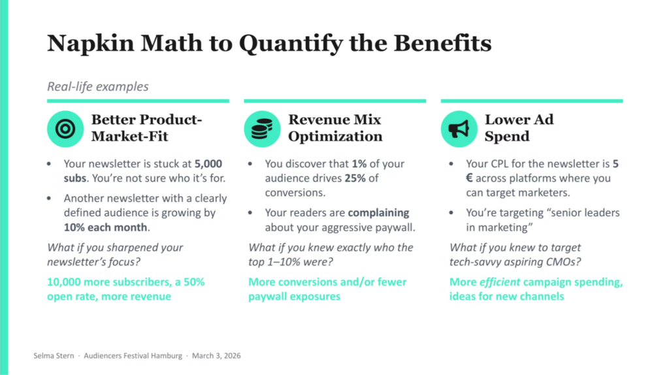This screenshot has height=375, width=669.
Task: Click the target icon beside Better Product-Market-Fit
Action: click(65, 129)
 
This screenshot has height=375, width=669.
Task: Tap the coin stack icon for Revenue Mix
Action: click(262, 129)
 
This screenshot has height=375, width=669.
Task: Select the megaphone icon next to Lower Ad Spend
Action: click(459, 129)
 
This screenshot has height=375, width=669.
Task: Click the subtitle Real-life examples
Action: click(98, 86)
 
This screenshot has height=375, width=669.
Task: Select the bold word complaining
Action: click(378, 213)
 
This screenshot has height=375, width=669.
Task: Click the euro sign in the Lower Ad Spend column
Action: click(470, 178)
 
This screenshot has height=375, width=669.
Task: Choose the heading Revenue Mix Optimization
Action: click(335, 128)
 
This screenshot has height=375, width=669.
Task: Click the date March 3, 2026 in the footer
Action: click(218, 356)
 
